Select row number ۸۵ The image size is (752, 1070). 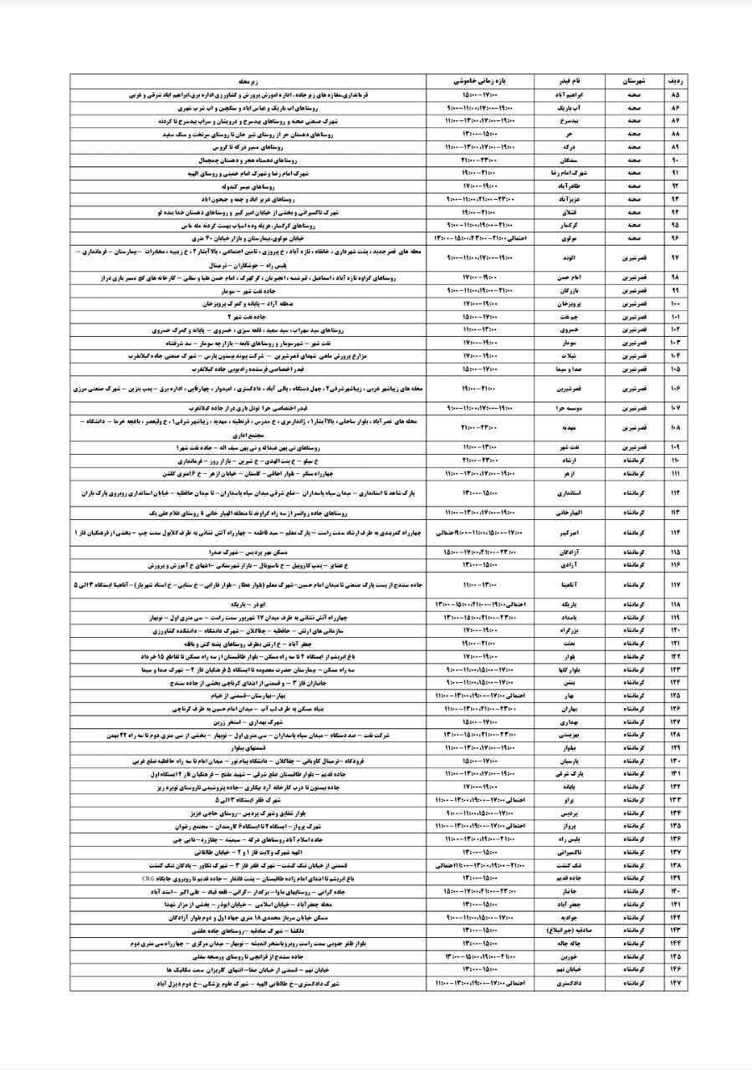(675, 95)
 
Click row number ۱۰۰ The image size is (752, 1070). (675, 304)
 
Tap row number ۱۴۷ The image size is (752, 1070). (675, 985)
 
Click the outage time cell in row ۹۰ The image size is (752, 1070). (480, 160)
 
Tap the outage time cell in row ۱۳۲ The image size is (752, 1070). (480, 787)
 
